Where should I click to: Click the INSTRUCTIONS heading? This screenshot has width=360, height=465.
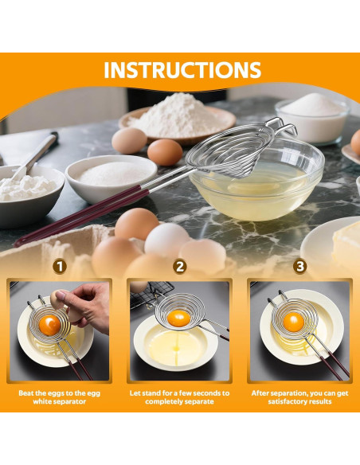pos(182,70)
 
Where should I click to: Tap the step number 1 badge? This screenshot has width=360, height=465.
pos(60,266)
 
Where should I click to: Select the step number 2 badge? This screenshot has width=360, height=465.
pos(180,266)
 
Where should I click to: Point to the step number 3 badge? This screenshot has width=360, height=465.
pos(300,266)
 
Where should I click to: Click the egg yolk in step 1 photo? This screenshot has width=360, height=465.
pos(49,325)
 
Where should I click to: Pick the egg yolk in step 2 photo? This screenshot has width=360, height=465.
pos(178,318)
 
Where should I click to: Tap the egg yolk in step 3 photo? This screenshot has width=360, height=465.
pos(294,322)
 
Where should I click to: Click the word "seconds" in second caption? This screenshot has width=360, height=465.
pos(201,393)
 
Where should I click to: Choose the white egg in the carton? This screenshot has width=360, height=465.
pos(166,240)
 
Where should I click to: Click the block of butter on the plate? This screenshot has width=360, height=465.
pos(347,246)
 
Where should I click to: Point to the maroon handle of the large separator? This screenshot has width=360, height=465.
pos(81,215)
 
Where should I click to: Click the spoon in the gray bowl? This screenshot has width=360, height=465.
pos(35,156)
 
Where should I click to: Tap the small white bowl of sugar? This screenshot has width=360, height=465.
pos(111,178)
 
